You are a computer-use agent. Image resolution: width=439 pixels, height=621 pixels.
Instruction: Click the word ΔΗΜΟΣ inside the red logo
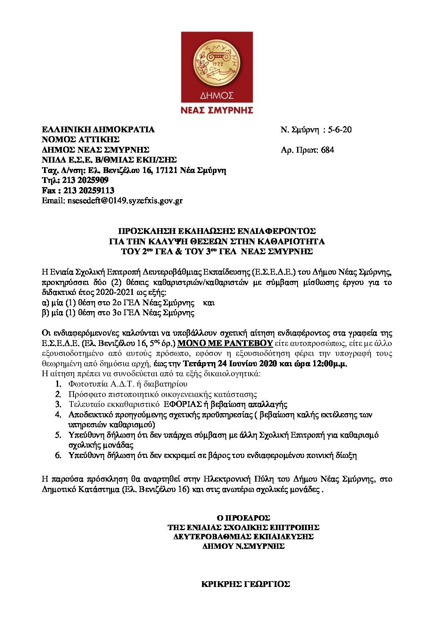pos(217,95)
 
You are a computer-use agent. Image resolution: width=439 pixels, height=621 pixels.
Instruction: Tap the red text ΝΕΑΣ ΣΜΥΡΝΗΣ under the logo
pos(217,110)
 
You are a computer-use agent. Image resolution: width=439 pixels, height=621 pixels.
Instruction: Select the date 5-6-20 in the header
pos(340,129)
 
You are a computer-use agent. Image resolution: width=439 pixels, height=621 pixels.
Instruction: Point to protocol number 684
pos(327,150)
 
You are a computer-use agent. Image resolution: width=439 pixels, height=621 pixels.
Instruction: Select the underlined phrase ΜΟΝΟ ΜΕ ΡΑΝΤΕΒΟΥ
pos(225,343)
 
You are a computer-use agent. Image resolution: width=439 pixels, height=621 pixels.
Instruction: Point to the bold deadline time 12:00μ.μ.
pos(331,364)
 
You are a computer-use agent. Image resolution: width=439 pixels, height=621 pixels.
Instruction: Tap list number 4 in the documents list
pos(59,414)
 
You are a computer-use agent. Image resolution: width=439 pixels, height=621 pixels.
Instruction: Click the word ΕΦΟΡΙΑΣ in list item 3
pos(183,404)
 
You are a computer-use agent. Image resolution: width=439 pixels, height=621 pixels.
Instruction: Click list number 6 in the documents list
pos(59,455)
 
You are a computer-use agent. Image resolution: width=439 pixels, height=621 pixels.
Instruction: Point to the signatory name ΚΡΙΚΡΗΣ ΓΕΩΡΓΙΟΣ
pos(246,584)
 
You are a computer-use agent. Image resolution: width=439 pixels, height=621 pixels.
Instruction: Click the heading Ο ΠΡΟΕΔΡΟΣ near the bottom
pos(244,518)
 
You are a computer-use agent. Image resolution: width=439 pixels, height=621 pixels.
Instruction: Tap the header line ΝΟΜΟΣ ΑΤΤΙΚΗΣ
pos(80,139)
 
